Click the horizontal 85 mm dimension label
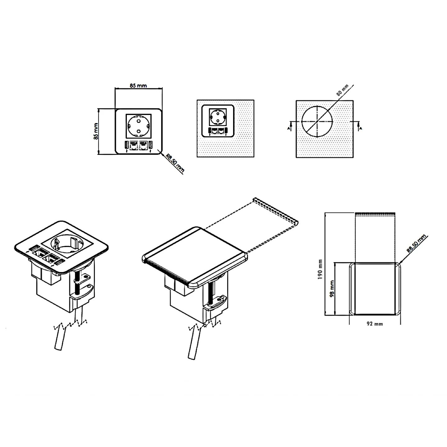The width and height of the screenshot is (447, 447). (x=138, y=85)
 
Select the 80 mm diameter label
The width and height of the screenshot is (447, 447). (x=342, y=90)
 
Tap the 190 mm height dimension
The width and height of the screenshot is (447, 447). (x=320, y=269)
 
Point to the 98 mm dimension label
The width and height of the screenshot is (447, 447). (x=332, y=289)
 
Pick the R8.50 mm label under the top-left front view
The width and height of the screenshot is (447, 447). (x=175, y=163)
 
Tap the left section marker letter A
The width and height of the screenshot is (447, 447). (x=288, y=128)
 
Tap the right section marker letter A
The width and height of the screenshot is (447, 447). (x=361, y=128)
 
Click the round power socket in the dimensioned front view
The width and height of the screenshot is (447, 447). (x=139, y=126)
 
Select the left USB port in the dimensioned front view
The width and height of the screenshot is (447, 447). (x=127, y=145)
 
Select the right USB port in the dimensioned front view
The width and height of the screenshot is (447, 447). (x=150, y=145)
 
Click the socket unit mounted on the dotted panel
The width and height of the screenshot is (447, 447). (x=218, y=121)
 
